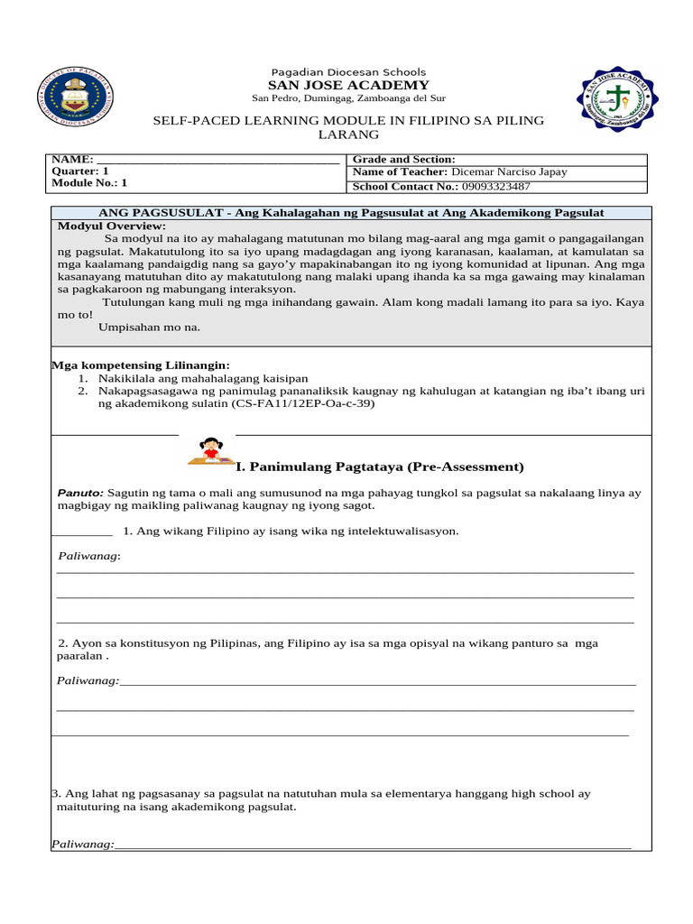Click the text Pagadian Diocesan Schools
coord(348,71)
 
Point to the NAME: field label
coord(73,159)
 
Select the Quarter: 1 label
coord(80,171)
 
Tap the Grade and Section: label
coord(403,159)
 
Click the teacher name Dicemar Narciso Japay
coord(509,171)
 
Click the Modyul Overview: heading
coord(112,225)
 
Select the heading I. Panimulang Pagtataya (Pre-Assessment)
coord(379,467)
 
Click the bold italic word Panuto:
coord(80,494)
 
